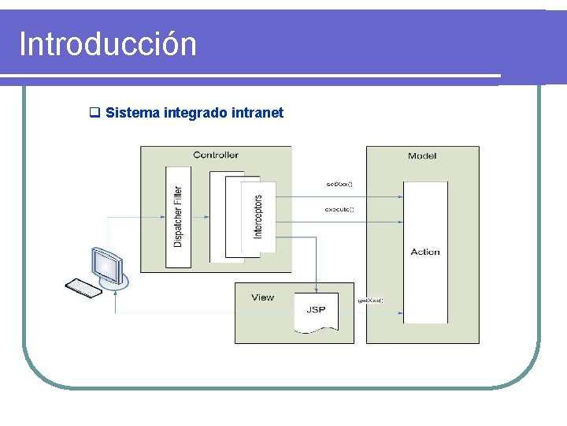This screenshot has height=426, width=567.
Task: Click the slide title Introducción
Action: (107, 44)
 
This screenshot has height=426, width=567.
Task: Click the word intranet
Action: (258, 113)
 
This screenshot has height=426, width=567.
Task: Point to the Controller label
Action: (215, 155)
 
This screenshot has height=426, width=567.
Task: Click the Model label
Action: (422, 156)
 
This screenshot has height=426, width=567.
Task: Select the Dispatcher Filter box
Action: (178, 216)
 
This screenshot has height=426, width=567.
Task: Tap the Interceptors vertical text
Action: (258, 216)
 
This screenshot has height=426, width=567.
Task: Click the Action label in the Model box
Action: (425, 252)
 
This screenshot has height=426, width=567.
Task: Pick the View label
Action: (262, 297)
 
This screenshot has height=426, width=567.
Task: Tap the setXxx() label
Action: (339, 185)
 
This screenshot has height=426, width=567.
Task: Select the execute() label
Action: (339, 210)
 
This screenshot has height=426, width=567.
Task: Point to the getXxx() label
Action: (370, 301)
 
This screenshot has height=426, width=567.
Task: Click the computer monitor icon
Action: (107, 265)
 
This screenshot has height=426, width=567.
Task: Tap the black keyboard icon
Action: (83, 287)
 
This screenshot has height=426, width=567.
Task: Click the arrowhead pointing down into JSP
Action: (316, 289)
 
